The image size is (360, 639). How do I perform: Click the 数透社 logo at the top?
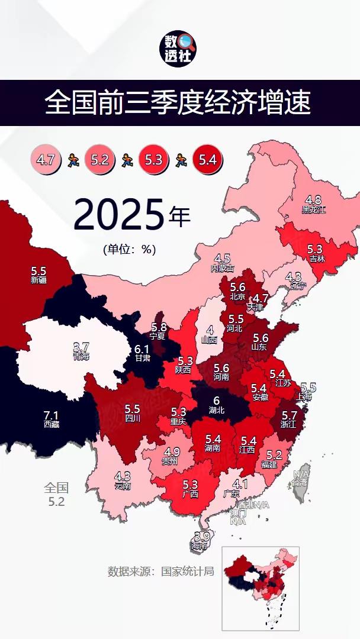pos(179,49)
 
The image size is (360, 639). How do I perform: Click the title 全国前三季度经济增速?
pos(178,103)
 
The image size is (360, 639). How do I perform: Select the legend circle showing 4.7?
pos(46,159)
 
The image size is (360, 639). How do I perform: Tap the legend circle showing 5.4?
pos(207,159)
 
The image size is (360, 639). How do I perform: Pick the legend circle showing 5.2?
pos(99,159)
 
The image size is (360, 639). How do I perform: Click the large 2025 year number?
pos(118,215)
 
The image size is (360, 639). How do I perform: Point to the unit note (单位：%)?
pos(129,249)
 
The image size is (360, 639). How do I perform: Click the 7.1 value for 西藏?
pos(52,415)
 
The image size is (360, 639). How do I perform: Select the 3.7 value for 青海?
pos(81,347)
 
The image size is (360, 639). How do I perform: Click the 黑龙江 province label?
pos(314,209)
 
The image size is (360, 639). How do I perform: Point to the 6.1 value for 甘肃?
pos(142,349)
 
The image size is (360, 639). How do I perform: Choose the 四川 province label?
pos(132,418)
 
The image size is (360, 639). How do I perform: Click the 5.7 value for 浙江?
pos(290,415)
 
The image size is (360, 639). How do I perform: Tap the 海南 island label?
pos(202,547)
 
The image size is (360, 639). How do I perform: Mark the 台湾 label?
pos(300,482)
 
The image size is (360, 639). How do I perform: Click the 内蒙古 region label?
pos(223,268)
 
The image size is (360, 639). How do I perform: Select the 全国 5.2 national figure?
pos(56,495)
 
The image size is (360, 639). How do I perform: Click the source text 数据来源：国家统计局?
pos(160,572)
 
